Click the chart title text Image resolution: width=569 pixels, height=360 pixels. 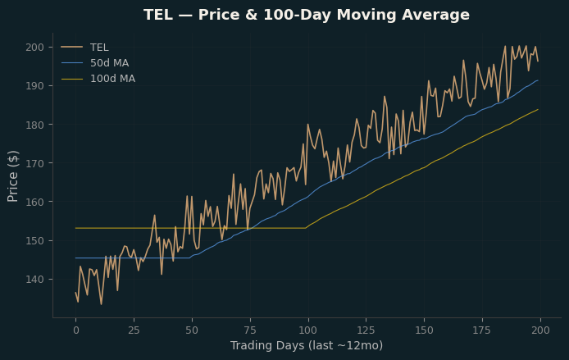coord(307,15)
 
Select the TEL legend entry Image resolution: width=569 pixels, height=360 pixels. coord(85,48)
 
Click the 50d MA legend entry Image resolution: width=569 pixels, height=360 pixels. coord(95,63)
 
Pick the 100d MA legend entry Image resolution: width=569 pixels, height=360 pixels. coord(98,79)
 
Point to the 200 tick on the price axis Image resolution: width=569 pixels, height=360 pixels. coord(34,48)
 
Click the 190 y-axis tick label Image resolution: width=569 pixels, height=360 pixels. coord(34,85)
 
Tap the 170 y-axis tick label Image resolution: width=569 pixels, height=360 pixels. coord(34,163)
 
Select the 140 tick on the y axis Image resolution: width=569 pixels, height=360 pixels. coord(34,280)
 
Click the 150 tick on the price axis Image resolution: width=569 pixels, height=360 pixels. coord(34,240)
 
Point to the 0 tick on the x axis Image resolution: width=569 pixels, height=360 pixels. coord(76,330)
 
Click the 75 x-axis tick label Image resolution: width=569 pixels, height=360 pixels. coord(250,330)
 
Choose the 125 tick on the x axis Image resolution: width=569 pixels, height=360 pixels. coord(366,330)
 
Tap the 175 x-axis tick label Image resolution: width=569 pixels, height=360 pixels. coord(482,330)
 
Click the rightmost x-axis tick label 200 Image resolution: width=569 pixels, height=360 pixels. coord(540,330)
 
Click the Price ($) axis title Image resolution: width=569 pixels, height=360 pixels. coord(12,176)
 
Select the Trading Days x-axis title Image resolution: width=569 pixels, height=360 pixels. coord(307,345)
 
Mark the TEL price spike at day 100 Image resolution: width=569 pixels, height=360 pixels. coord(308,125)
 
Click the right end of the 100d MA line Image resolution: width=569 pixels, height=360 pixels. coord(538,109)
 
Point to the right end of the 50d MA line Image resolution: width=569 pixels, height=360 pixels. coord(538,80)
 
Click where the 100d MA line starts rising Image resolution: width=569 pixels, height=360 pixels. coord(306,228)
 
